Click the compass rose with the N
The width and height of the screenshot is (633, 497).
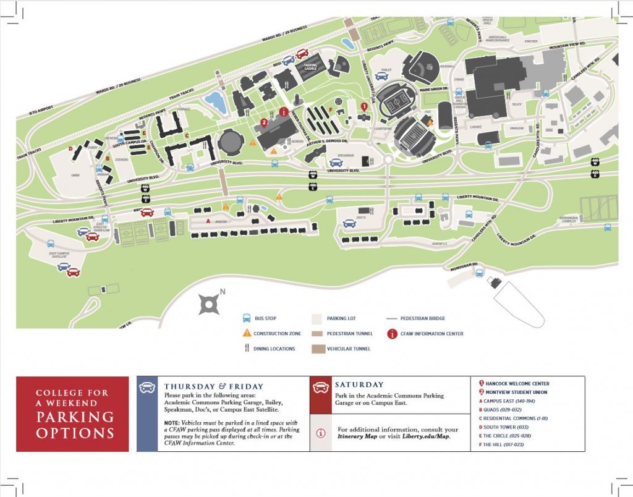tap(210, 303)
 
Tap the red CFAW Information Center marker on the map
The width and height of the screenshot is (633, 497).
tap(284, 112)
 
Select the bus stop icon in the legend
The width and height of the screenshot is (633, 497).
tap(245, 318)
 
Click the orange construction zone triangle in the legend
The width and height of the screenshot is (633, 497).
tap(245, 333)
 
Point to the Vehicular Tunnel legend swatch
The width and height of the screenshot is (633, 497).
tap(318, 349)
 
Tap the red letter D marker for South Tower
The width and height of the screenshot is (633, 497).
tap(71, 148)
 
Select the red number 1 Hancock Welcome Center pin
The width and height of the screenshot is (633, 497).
tap(364, 106)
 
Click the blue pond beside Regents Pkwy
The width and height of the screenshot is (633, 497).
tap(216, 101)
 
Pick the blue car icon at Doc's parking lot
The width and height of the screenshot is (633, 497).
tap(349, 224)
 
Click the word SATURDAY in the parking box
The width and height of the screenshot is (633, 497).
tap(359, 384)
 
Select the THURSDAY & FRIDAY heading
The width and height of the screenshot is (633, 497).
tap(213, 386)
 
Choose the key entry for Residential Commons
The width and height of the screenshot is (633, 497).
tap(513, 418)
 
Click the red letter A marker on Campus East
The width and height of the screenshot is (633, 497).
tap(208, 221)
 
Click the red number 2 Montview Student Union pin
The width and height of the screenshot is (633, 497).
tap(264, 122)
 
